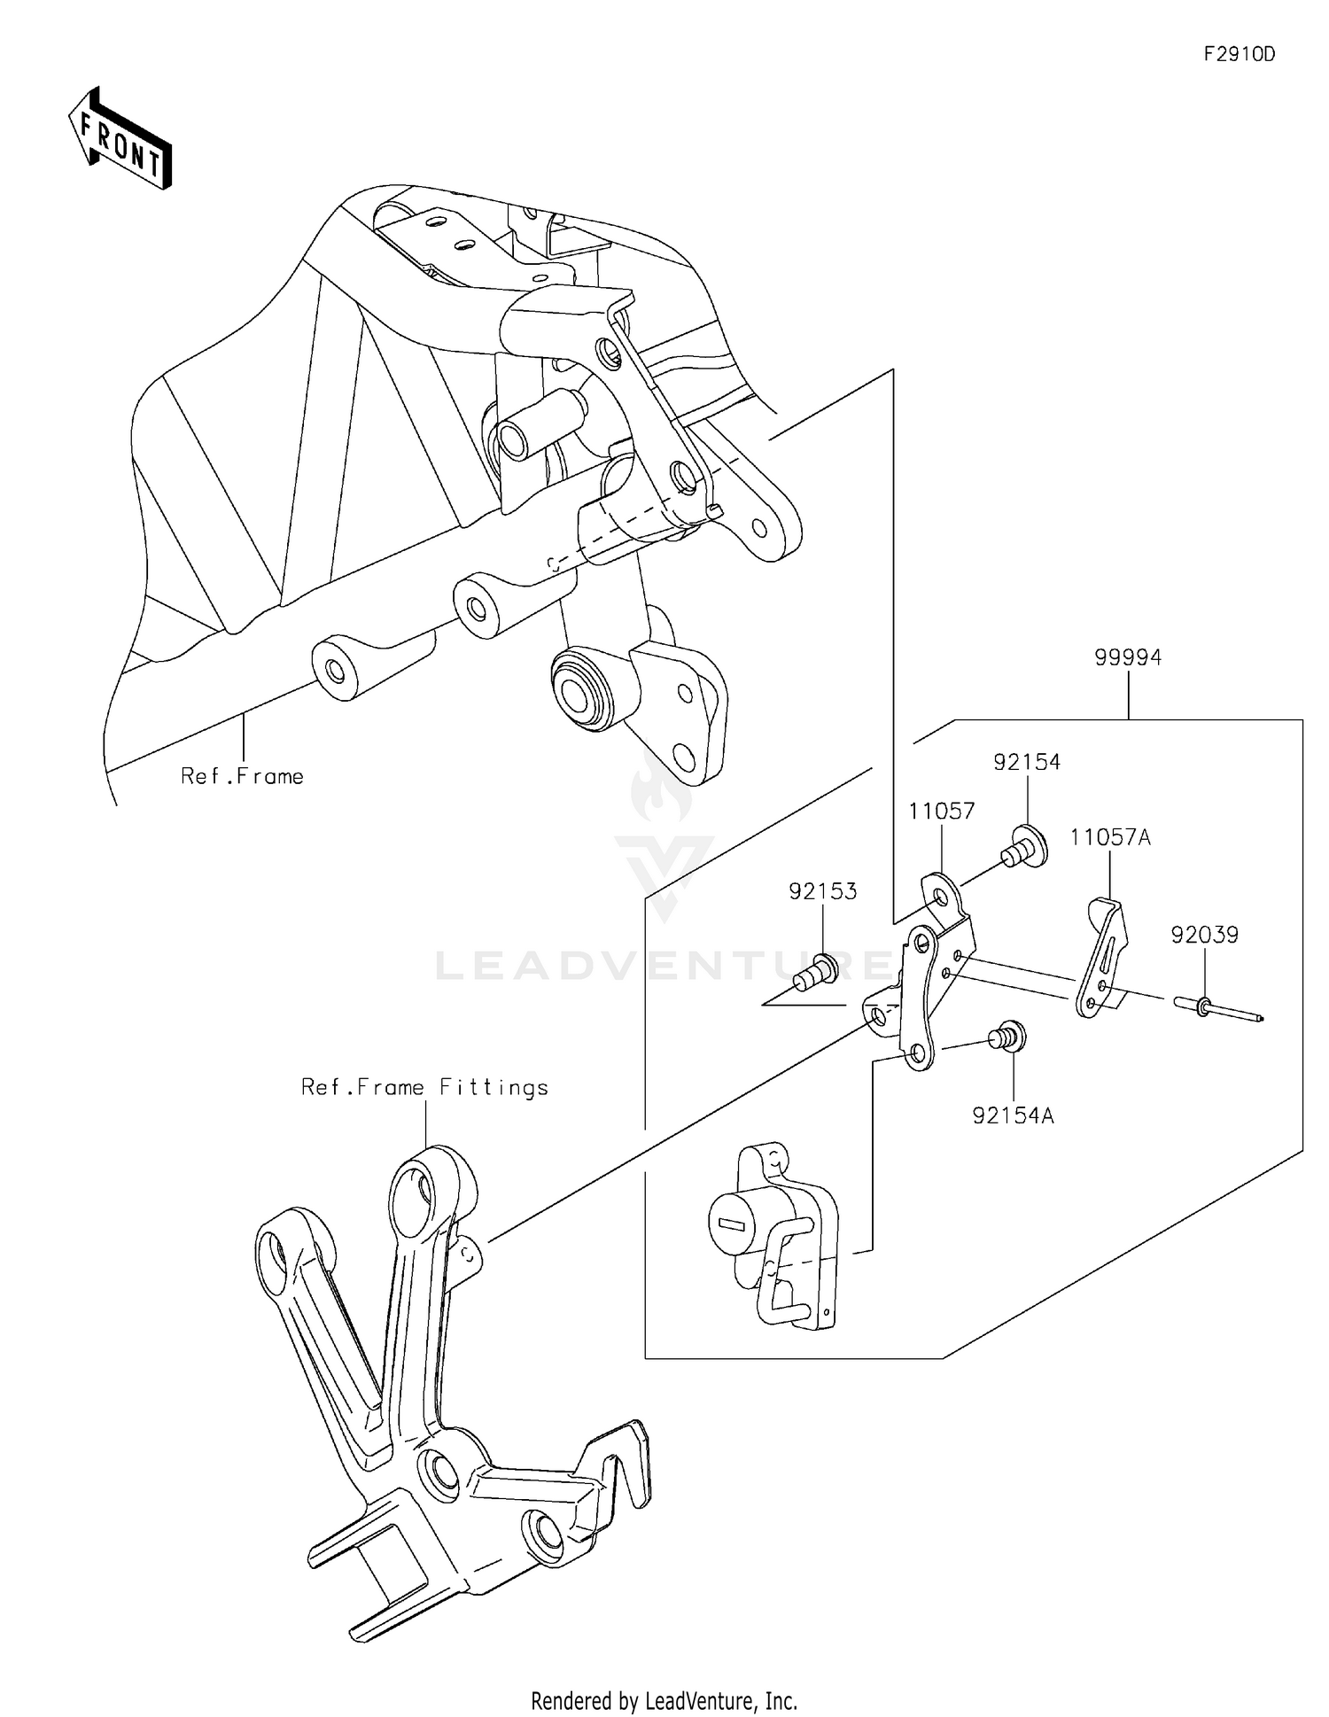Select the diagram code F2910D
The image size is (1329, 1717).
click(1239, 54)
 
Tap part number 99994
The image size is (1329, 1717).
click(1127, 657)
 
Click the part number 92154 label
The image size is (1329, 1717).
click(1026, 762)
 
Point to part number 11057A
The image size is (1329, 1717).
click(1109, 837)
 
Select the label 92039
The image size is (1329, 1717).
click(1204, 935)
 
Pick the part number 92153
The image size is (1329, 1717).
click(823, 891)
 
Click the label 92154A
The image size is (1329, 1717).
click(1013, 1116)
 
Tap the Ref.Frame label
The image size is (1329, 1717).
click(242, 777)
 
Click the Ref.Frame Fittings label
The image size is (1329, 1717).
click(424, 1087)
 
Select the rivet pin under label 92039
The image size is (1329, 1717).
click(1216, 1009)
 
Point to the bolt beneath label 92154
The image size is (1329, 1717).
click(1025, 846)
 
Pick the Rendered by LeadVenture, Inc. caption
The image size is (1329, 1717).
click(664, 1700)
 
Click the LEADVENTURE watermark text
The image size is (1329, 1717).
click(664, 965)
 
